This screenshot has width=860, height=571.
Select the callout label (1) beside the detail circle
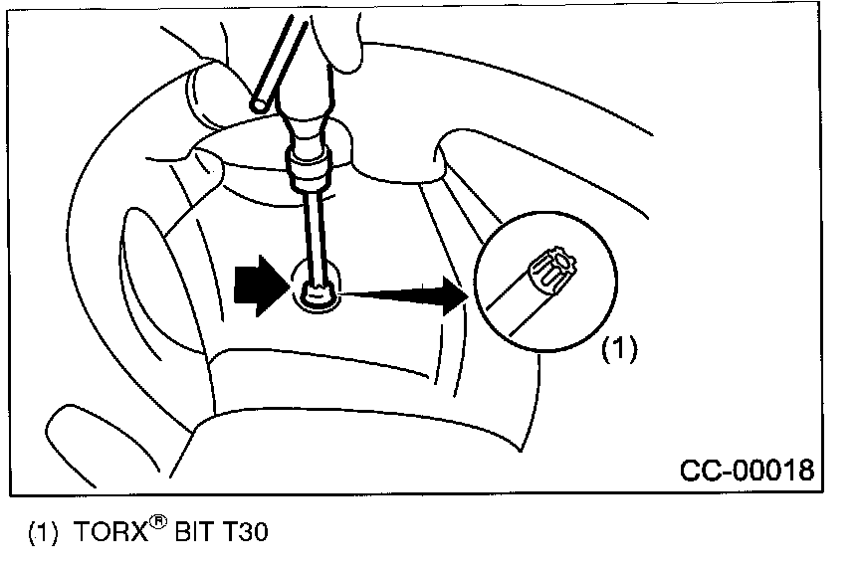619,350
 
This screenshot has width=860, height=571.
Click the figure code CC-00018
747,468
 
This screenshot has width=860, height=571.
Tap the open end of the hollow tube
262,102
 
